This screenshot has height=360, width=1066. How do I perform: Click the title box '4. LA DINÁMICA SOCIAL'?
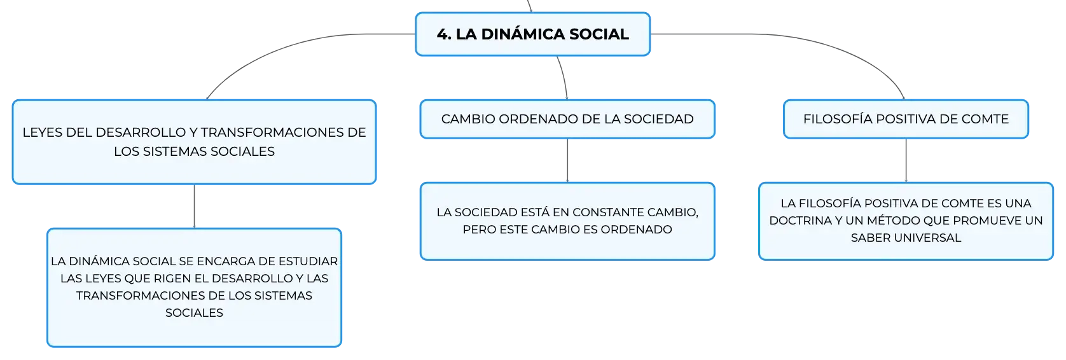(x=532, y=34)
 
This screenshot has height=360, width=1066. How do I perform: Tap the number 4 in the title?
(x=442, y=34)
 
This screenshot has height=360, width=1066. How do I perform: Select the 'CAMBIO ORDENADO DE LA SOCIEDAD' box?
(x=567, y=119)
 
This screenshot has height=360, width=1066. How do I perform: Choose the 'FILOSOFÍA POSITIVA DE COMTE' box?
(x=906, y=119)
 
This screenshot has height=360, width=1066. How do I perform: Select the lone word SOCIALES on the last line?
(x=194, y=313)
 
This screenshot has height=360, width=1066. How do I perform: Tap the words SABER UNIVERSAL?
(x=906, y=238)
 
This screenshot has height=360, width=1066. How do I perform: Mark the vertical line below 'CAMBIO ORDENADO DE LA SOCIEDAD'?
(x=567, y=160)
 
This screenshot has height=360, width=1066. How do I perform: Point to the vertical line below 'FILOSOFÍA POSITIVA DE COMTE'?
(x=906, y=160)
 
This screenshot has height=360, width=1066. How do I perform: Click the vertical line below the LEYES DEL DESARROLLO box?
(x=194, y=206)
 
